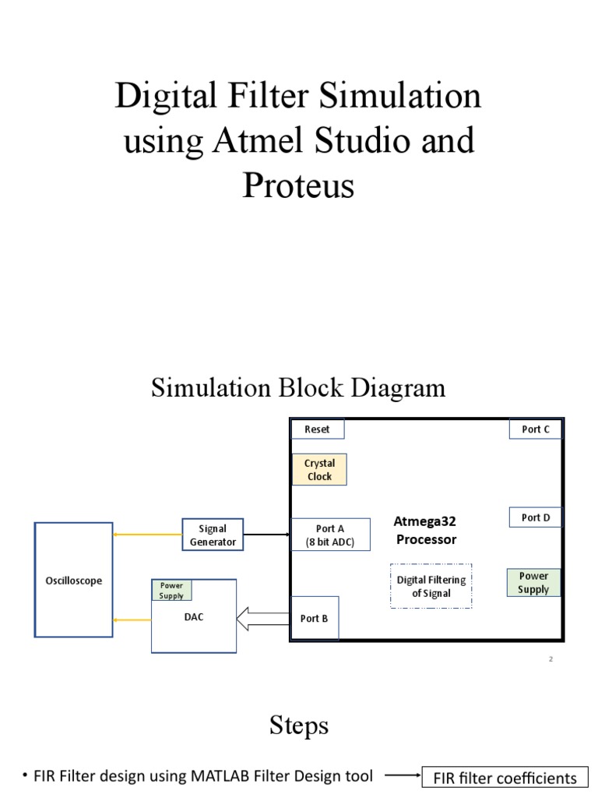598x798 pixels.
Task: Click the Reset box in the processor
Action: (317, 429)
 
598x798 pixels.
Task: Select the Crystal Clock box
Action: (319, 470)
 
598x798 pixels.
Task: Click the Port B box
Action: (314, 619)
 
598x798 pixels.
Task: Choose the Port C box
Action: (536, 429)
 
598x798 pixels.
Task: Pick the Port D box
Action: (536, 517)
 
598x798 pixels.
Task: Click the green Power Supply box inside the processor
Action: (533, 583)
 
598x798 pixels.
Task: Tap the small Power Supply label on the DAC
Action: (171, 591)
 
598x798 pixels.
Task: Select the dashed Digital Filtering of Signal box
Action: (431, 586)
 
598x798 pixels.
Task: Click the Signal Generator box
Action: (212, 535)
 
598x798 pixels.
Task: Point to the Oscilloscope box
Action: (73, 581)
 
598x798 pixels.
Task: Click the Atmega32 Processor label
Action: (425, 530)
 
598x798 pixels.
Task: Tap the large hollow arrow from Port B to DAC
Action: (262, 619)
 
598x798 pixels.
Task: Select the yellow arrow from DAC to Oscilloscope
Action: (132, 620)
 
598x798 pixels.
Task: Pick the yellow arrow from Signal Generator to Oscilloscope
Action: (147, 535)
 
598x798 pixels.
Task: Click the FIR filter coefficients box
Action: (505, 778)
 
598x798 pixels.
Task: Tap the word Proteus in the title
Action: (298, 185)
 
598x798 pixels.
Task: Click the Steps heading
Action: (298, 726)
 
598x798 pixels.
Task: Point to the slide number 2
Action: (551, 659)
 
